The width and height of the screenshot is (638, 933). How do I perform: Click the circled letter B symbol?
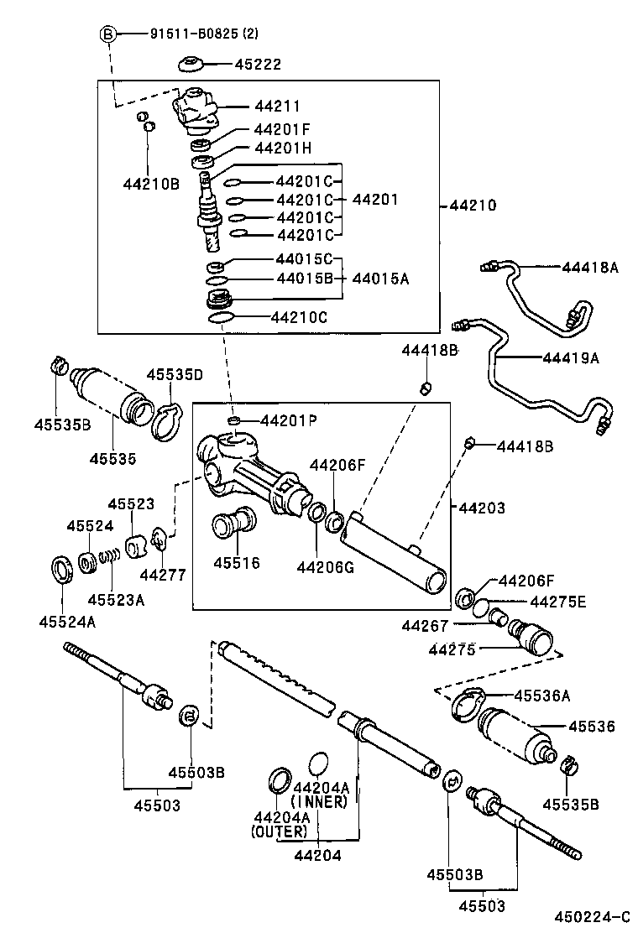(x=107, y=34)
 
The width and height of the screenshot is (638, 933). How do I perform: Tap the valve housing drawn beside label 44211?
(x=194, y=112)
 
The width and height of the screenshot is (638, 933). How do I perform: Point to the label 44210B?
(x=151, y=184)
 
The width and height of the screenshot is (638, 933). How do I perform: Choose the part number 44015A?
(x=380, y=279)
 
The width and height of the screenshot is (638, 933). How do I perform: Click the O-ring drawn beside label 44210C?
(x=220, y=317)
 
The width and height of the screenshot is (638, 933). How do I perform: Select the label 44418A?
(x=590, y=268)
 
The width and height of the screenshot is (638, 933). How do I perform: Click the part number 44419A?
(x=571, y=357)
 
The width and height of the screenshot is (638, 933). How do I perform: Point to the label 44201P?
(x=288, y=420)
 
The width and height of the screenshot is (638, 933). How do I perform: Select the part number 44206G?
(x=325, y=567)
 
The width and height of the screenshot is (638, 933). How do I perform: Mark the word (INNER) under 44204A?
(x=319, y=801)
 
